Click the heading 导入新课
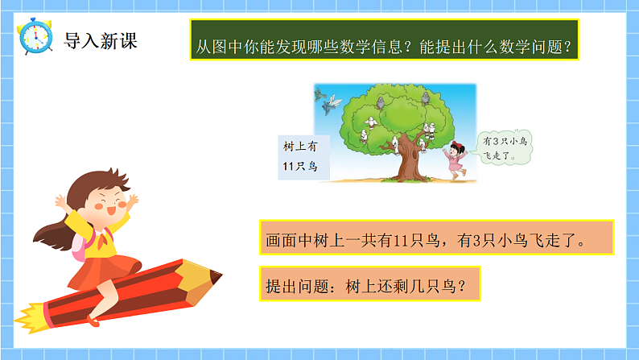pyautogui.click(x=101, y=40)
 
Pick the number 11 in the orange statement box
pyautogui.click(x=409, y=239)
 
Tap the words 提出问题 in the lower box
pyautogui.click(x=295, y=285)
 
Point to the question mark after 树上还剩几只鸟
pyautogui.click(x=460, y=285)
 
